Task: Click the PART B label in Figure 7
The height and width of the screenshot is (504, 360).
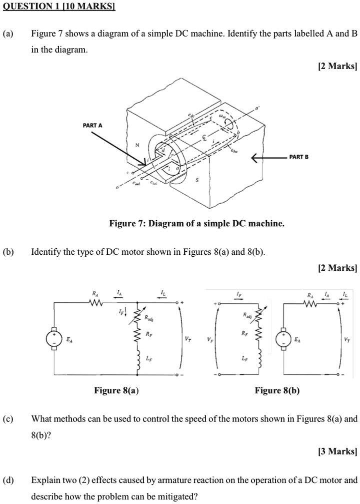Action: tap(298, 157)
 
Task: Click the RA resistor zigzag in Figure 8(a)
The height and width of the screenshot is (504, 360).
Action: tap(96, 303)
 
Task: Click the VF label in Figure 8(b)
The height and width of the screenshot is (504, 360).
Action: tap(210, 339)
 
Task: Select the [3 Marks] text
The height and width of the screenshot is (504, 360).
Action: tap(337, 451)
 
